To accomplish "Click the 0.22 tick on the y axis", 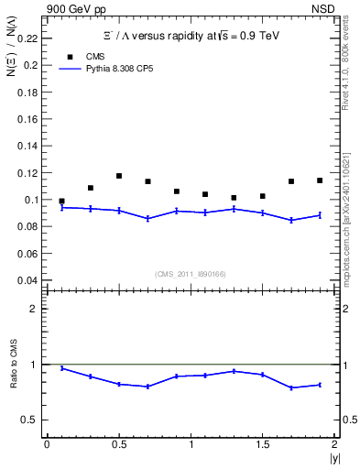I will point(28,39).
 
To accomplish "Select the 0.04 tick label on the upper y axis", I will point(28,280).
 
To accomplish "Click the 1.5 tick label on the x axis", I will point(262,444).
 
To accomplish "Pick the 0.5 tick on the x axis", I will point(118,444).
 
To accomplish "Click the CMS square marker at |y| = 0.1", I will point(61,201).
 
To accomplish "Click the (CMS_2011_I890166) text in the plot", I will point(190,273).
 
